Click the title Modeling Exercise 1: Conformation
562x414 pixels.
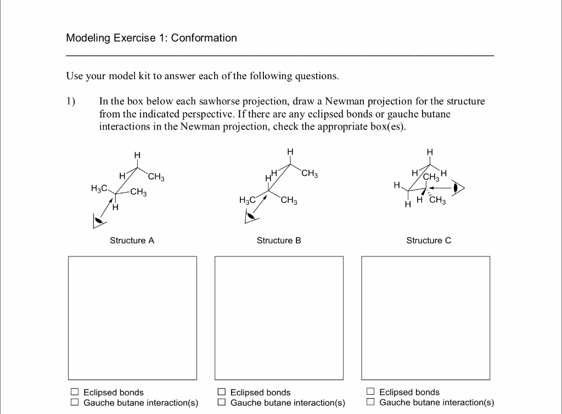tap(151, 38)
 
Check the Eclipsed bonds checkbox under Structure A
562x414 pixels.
tap(74, 392)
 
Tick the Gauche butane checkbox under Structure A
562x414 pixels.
tap(74, 402)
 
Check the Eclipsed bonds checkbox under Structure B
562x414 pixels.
tap(221, 392)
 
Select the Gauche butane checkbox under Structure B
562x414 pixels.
tap(221, 402)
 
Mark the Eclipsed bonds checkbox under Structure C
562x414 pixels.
tap(370, 392)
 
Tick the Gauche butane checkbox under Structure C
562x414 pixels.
tap(370, 402)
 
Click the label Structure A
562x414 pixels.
tap(132, 240)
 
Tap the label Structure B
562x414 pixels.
tap(279, 240)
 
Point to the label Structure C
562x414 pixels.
tap(429, 240)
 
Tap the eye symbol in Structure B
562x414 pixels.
tap(250, 216)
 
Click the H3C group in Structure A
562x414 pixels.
tap(99, 188)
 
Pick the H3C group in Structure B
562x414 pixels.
tap(248, 200)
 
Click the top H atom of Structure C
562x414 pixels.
tap(430, 152)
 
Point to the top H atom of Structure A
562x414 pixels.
tap(137, 155)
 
